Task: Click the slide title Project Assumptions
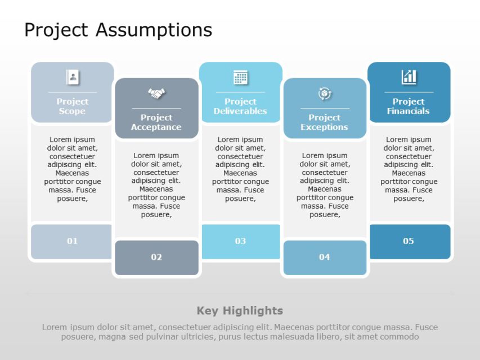pyautogui.click(x=118, y=29)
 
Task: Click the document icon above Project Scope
pyautogui.click(x=73, y=77)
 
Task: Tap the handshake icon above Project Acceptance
pyautogui.click(x=156, y=93)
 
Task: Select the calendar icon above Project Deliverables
pyautogui.click(x=240, y=77)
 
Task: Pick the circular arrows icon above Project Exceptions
pyautogui.click(x=324, y=93)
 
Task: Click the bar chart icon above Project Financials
pyautogui.click(x=409, y=77)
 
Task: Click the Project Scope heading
pyautogui.click(x=73, y=106)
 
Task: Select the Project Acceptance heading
pyautogui.click(x=156, y=122)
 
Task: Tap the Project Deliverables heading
pyautogui.click(x=240, y=106)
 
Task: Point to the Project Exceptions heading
pyautogui.click(x=324, y=122)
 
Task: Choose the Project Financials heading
pyautogui.click(x=409, y=106)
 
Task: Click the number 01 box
pyautogui.click(x=73, y=241)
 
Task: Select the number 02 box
pyautogui.click(x=156, y=257)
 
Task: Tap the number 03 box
pyautogui.click(x=240, y=241)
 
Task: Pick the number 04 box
pyautogui.click(x=324, y=257)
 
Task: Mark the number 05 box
pyautogui.click(x=409, y=241)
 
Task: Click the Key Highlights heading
pyautogui.click(x=240, y=310)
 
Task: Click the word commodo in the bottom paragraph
pyautogui.click(x=400, y=336)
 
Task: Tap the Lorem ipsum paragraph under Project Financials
pyautogui.click(x=409, y=169)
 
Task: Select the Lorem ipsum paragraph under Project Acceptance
pyautogui.click(x=156, y=184)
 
